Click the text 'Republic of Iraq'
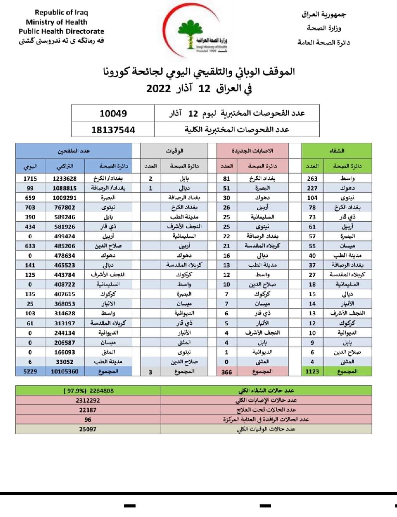61,12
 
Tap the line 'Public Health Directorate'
61,31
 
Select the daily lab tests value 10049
113,113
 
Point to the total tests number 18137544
113,130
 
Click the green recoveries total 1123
312,372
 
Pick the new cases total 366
226,372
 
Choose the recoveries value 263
312,178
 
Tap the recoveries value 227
312,188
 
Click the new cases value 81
226,178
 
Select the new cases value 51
226,188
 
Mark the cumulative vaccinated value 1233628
65,178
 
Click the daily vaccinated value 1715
30,178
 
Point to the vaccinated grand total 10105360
65,372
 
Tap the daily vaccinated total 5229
30,372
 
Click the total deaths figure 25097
87,429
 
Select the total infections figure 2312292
87,400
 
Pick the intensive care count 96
87,419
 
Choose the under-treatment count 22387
87,410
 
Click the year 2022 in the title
158,89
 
